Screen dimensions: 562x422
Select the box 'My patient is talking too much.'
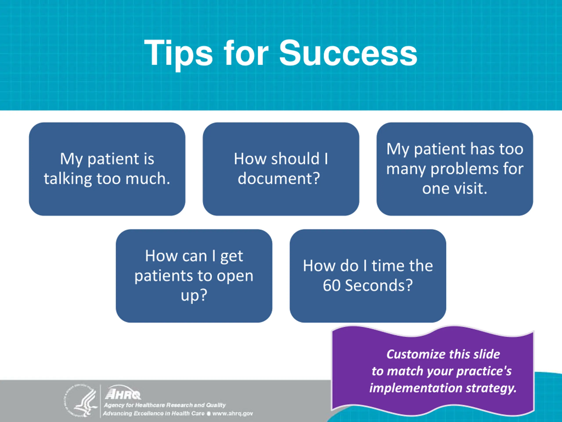(x=107, y=169)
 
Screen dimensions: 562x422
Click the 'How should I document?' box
(x=281, y=169)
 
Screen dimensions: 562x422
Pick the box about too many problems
(x=454, y=169)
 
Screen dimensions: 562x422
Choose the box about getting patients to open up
(x=194, y=276)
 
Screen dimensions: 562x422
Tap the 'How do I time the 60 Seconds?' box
(x=368, y=276)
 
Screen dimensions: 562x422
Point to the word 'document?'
(x=279, y=178)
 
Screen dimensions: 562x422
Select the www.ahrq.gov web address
(x=232, y=413)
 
